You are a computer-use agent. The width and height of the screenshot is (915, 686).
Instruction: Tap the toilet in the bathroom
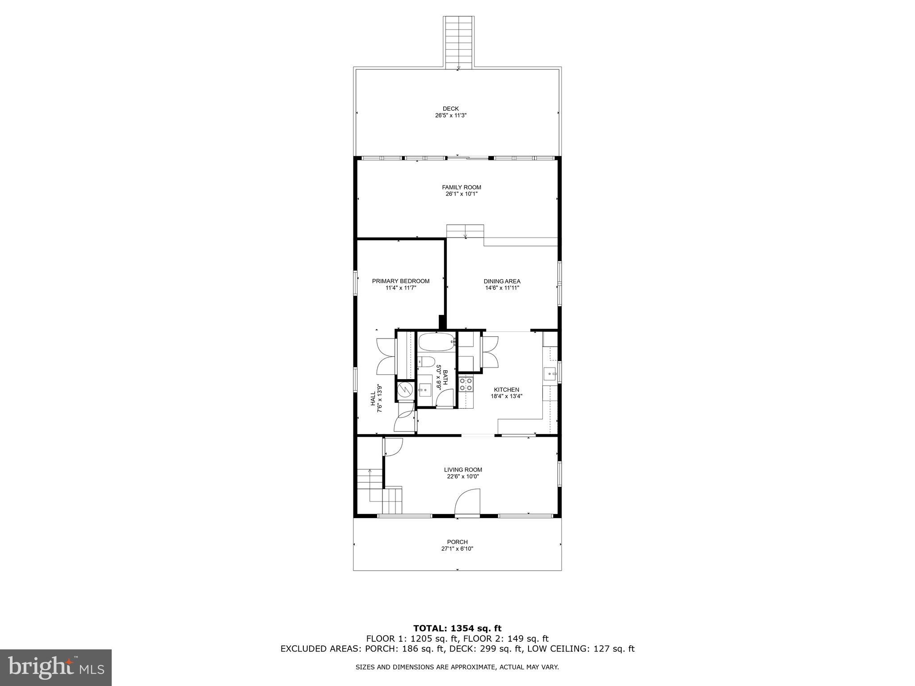(425, 362)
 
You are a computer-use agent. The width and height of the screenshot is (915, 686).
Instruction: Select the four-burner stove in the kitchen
(466, 385)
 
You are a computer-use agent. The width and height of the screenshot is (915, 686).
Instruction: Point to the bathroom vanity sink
(424, 390)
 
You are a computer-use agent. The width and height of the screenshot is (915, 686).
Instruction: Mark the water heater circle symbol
(405, 390)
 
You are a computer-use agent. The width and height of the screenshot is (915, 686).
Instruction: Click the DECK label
(450, 109)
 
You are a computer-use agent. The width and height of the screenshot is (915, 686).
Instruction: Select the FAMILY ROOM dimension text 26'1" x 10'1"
(462, 194)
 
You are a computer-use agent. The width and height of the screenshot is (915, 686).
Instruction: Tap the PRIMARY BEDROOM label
(401, 281)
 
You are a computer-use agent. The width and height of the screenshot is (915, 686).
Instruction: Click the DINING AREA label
(502, 281)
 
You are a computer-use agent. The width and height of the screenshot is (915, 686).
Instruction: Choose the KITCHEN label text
(506, 389)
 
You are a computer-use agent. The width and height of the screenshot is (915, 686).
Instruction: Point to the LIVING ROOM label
(463, 469)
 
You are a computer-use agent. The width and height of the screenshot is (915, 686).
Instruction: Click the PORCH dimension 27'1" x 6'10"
(457, 548)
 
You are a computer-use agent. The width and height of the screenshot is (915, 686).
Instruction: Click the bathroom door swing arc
(446, 397)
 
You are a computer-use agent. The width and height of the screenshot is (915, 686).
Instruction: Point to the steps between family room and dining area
(465, 231)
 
